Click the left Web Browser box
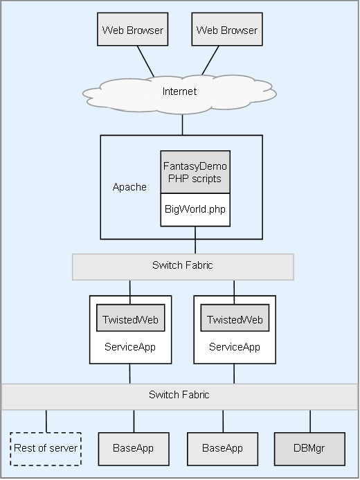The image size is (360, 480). pyautogui.click(x=132, y=29)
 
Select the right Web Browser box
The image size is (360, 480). pyautogui.click(x=227, y=29)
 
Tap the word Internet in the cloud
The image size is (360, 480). pyautogui.click(x=179, y=91)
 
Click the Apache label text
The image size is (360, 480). pyautogui.click(x=129, y=187)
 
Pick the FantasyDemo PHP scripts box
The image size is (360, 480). pyautogui.click(x=195, y=172)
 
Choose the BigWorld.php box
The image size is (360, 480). pyautogui.click(x=195, y=210)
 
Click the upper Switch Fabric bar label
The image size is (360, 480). pyautogui.click(x=182, y=265)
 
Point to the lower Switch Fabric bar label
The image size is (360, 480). pyautogui.click(x=179, y=395)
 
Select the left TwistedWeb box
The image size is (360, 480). pyautogui.click(x=131, y=318)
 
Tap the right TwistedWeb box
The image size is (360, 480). pyautogui.click(x=235, y=318)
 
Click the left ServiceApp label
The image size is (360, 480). pyautogui.click(x=130, y=347)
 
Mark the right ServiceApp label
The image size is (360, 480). pyautogui.click(x=235, y=347)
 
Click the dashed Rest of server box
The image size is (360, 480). pyautogui.click(x=46, y=449)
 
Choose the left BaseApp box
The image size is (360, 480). pyautogui.click(x=134, y=449)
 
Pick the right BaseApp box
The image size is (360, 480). pyautogui.click(x=222, y=449)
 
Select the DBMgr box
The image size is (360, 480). pyautogui.click(x=309, y=449)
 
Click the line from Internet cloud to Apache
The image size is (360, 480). pyautogui.click(x=182, y=125)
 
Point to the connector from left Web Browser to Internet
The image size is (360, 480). pyautogui.click(x=145, y=61)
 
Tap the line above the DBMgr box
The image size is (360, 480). pyautogui.click(x=310, y=421)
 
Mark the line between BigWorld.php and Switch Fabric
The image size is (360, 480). pyautogui.click(x=195, y=240)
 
